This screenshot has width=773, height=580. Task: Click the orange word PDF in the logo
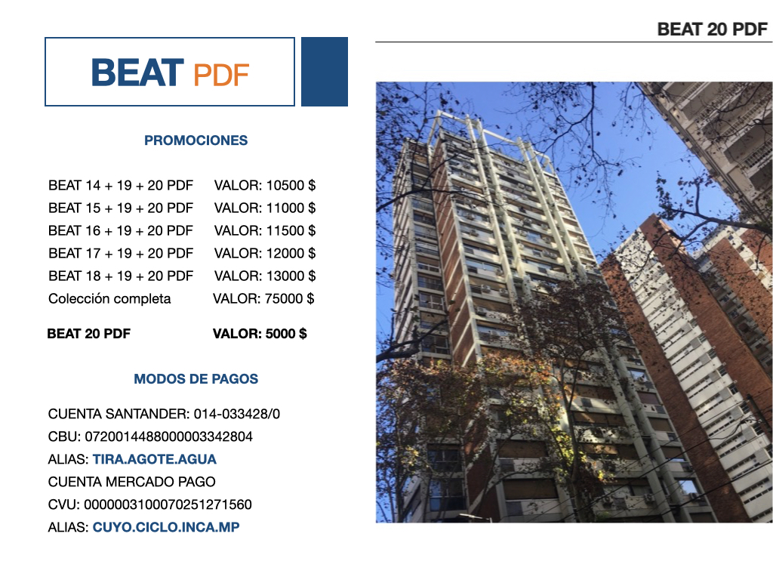point(221,75)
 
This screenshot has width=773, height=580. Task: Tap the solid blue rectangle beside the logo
point(325,72)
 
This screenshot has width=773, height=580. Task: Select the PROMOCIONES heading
point(196,140)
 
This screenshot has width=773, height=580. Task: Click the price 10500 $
point(291,186)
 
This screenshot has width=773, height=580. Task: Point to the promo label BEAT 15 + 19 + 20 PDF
point(121,208)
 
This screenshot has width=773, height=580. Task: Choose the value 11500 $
point(291,231)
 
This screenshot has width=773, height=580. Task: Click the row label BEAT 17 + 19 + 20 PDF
point(121,254)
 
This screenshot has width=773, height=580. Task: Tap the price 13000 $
point(291,276)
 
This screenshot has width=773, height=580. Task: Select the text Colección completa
point(109,299)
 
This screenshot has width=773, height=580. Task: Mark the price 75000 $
point(289,299)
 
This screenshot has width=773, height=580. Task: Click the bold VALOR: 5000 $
point(260,334)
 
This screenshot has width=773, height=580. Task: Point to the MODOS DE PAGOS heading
point(196,379)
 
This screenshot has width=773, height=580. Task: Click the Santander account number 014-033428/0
point(236,414)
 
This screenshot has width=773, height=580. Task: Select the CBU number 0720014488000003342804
point(168,437)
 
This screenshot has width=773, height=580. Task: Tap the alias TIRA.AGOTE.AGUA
point(154,459)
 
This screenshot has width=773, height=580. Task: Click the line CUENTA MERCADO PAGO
point(131,482)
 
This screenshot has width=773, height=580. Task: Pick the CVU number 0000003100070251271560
point(168,504)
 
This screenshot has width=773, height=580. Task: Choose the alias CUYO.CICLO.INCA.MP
point(166,527)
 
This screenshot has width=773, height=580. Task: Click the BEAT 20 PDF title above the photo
point(713,29)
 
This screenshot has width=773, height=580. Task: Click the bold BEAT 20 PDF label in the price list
point(89,334)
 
